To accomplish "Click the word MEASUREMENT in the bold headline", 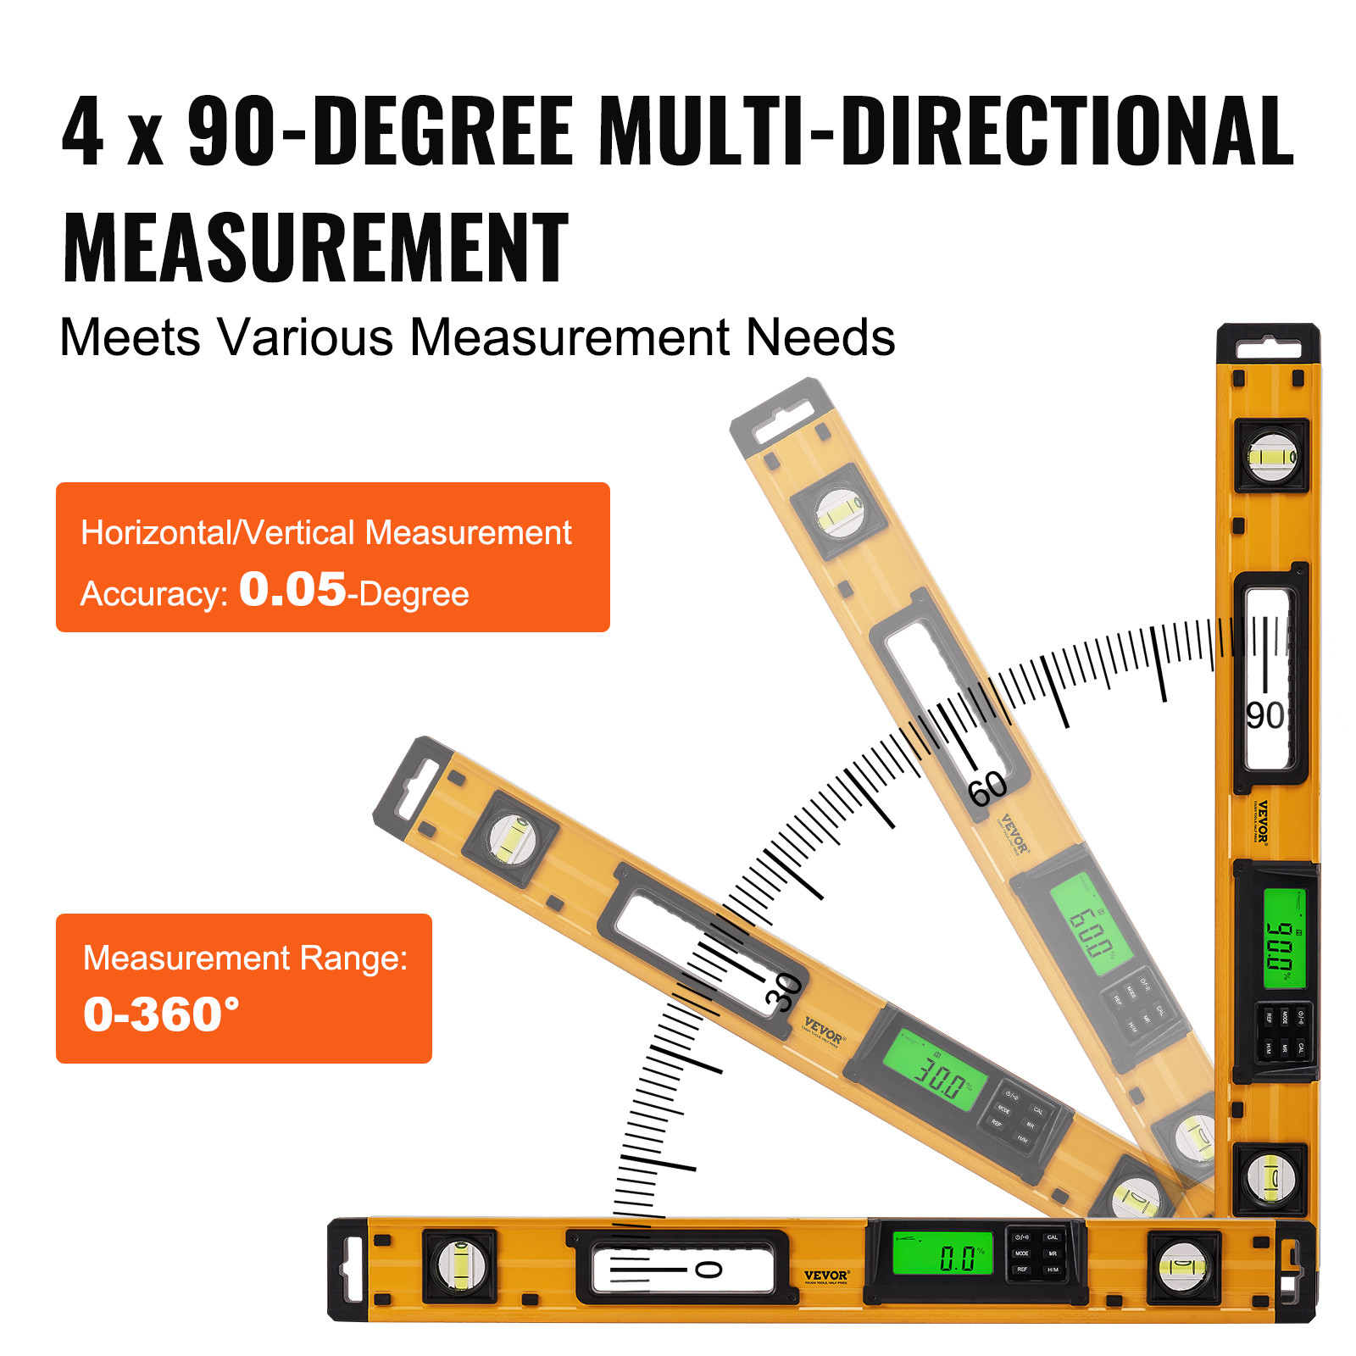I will (x=315, y=247).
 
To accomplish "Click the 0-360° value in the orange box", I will (x=161, y=1014).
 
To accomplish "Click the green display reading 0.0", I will (x=942, y=1253).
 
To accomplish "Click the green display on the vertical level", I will (x=1284, y=938).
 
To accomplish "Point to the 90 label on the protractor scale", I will (x=1264, y=716).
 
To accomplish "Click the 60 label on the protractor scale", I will (x=987, y=790).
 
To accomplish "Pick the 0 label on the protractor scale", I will (x=709, y=1269).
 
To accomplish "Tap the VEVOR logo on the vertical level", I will (x=1262, y=821).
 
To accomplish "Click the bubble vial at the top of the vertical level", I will (x=1272, y=457).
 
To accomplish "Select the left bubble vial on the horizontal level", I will (x=459, y=1265).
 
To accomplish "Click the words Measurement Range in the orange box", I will (x=245, y=958).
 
